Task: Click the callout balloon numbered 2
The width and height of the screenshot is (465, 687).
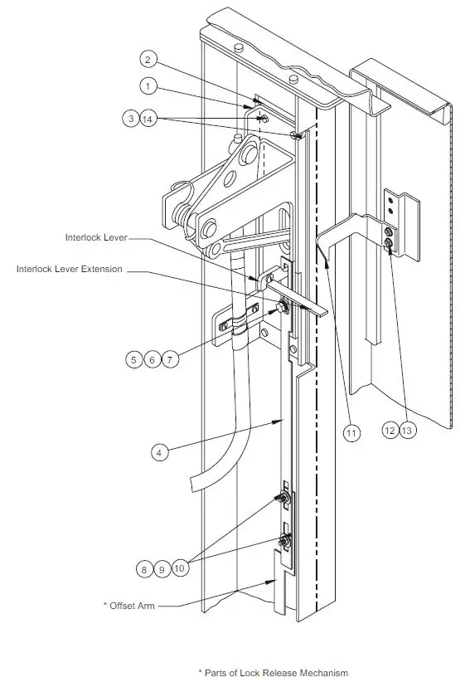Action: pyautogui.click(x=147, y=60)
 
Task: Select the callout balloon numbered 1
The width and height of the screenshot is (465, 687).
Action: pyautogui.click(x=147, y=85)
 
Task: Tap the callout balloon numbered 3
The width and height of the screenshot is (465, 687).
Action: pyautogui.click(x=130, y=119)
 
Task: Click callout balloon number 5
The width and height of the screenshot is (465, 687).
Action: pyautogui.click(x=134, y=360)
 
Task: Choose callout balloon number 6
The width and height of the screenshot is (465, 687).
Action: pyautogui.click(x=152, y=360)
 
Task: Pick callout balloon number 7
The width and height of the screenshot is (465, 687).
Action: pyautogui.click(x=169, y=360)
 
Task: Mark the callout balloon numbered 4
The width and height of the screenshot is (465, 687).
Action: pyautogui.click(x=161, y=452)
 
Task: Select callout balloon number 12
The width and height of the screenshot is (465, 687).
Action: pyautogui.click(x=390, y=430)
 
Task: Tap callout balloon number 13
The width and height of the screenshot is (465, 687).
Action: pyautogui.click(x=407, y=430)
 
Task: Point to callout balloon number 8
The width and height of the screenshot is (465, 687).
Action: pyautogui.click(x=145, y=569)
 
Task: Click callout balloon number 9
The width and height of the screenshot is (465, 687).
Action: pyautogui.click(x=162, y=569)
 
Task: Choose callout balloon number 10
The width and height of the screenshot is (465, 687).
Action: pyautogui.click(x=180, y=569)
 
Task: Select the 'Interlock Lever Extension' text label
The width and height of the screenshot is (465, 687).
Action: pyautogui.click(x=70, y=269)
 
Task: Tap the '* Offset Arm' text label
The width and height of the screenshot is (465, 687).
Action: pyautogui.click(x=129, y=606)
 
